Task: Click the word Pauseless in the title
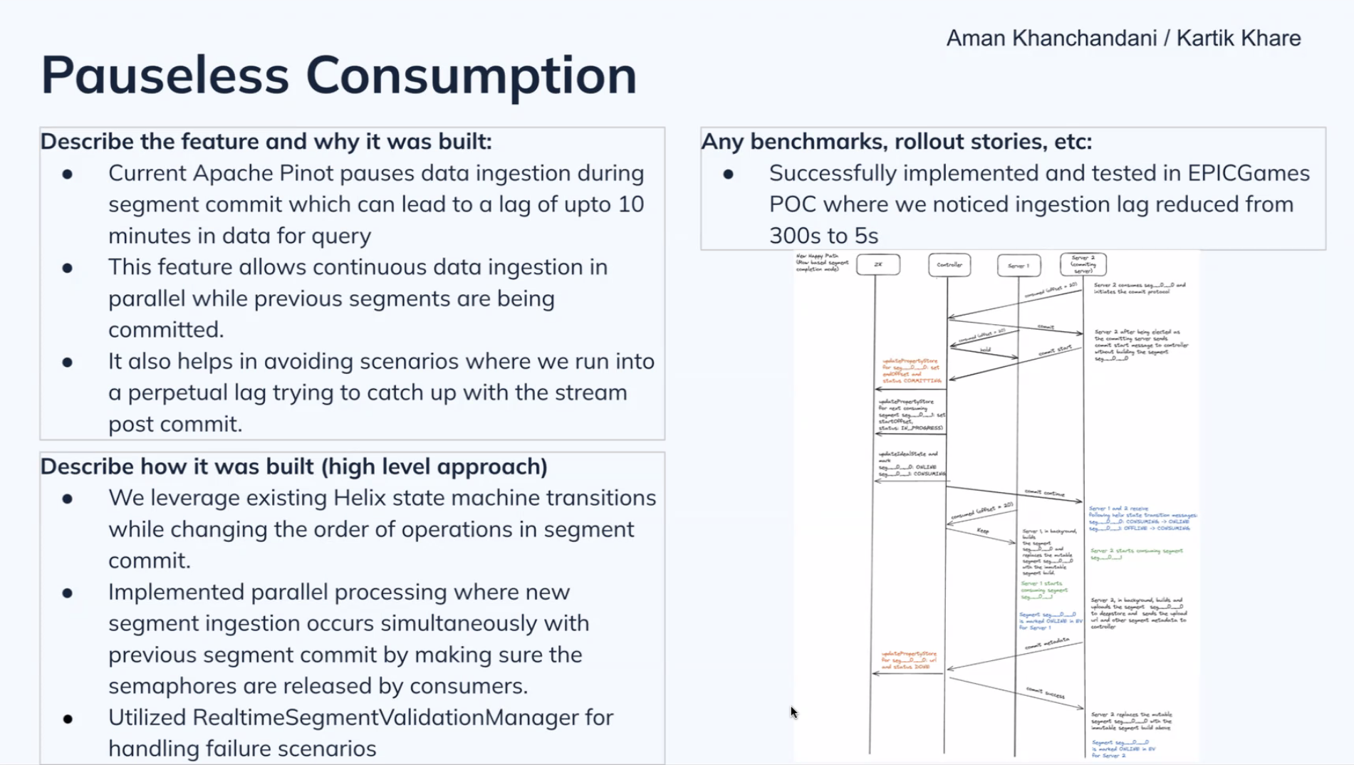[165, 75]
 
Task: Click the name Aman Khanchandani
[1051, 38]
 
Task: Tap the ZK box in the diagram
[878, 264]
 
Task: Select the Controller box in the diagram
[949, 265]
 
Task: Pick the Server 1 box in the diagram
[1018, 265]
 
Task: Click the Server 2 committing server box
[1083, 264]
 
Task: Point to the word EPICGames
[1248, 173]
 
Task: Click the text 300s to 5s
[823, 235]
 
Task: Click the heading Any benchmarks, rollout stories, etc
[896, 141]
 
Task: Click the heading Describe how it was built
[293, 466]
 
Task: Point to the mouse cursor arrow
[793, 711]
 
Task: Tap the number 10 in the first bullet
[630, 204]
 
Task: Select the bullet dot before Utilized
[68, 718]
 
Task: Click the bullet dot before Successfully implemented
[728, 174]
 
